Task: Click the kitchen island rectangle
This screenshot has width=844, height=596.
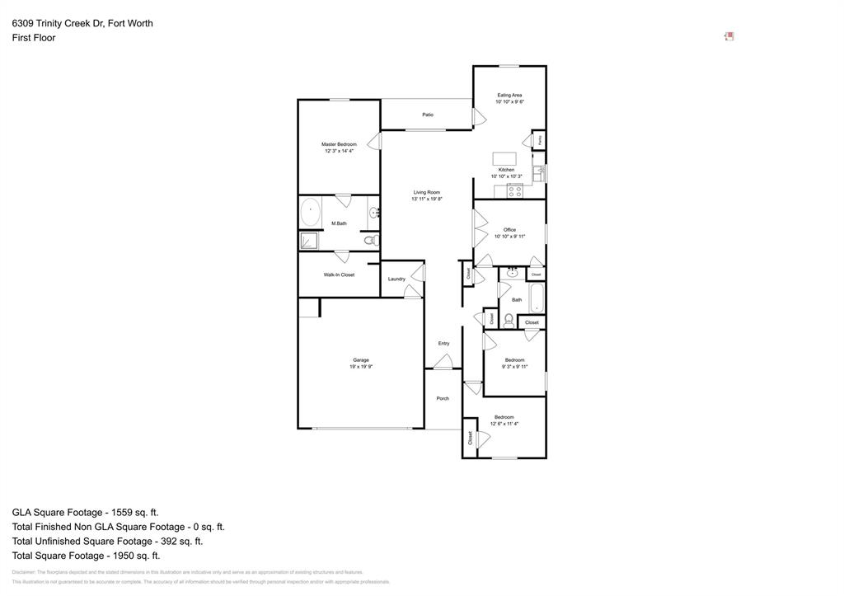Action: click(x=504, y=159)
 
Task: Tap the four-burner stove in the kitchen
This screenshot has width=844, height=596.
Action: click(x=515, y=191)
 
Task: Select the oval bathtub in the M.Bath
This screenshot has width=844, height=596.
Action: click(x=311, y=213)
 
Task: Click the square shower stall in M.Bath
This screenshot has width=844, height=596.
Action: click(x=309, y=241)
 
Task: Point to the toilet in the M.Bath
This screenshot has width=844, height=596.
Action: click(x=372, y=241)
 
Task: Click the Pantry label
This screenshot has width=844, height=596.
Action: click(x=539, y=141)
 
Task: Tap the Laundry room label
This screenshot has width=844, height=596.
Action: click(x=396, y=279)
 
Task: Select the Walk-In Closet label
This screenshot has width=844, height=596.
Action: click(x=339, y=275)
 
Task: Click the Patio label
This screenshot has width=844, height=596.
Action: click(x=428, y=115)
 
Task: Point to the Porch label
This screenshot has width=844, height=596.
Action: click(x=443, y=398)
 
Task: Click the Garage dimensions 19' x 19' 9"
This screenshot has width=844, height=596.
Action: click(x=361, y=366)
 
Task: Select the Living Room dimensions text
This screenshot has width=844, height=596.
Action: click(x=427, y=199)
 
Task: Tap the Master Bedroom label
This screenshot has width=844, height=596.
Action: click(x=339, y=144)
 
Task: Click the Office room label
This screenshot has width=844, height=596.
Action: click(x=509, y=230)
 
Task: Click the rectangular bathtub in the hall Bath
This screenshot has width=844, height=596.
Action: click(x=537, y=298)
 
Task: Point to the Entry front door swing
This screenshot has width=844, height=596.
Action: click(x=443, y=361)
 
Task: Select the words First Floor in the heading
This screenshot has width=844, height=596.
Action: click(x=34, y=38)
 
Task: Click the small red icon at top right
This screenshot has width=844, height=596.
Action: click(x=729, y=36)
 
